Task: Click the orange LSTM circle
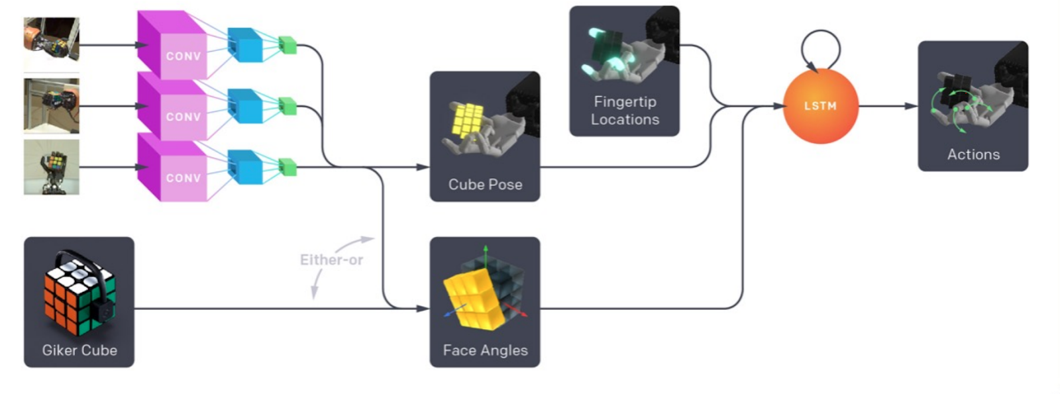[820, 106]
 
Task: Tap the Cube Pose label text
[485, 185]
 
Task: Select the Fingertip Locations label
[625, 111]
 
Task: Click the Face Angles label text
[485, 350]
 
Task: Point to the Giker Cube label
[79, 350]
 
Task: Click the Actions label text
[973, 154]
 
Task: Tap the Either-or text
[331, 260]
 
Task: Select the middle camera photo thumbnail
[52, 106]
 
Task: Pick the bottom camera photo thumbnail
[52, 167]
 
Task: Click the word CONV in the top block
[184, 56]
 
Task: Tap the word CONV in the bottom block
[184, 178]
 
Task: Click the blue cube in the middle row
[244, 106]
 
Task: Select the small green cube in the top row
[288, 45]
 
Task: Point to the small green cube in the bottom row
[288, 167]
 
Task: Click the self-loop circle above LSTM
[820, 48]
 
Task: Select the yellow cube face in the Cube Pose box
[466, 120]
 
